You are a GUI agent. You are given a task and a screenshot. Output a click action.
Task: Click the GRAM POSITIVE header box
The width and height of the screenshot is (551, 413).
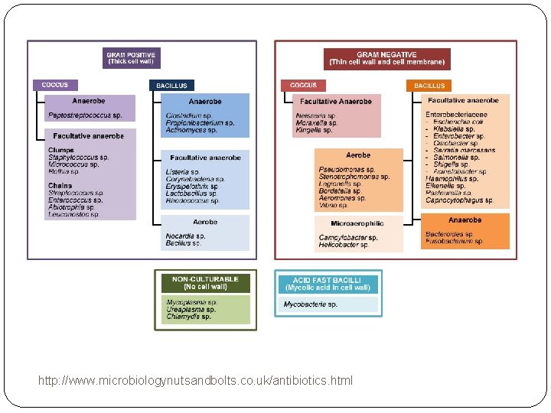click(131, 58)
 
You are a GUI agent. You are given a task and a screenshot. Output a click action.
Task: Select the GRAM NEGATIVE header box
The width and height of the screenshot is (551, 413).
click(386, 58)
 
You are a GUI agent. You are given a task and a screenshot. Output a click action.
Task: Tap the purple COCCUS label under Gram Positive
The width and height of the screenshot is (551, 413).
click(54, 85)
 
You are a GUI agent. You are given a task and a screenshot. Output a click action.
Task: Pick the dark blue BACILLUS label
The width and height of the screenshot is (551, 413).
click(171, 86)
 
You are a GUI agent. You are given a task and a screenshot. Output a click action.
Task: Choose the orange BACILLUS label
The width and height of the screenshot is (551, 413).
click(429, 86)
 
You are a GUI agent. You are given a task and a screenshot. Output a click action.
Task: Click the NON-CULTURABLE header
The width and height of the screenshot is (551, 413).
click(205, 283)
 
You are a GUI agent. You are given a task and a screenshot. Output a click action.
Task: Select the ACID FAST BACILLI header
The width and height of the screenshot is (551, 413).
click(327, 284)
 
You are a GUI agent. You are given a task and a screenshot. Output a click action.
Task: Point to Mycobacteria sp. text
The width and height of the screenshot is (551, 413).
click(310, 304)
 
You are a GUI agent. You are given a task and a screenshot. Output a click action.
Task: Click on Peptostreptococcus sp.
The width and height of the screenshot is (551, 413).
click(85, 115)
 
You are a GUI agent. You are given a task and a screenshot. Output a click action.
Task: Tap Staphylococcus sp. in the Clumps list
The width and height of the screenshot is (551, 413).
click(79, 157)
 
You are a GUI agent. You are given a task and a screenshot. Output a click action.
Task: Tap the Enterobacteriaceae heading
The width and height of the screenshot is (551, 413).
click(457, 115)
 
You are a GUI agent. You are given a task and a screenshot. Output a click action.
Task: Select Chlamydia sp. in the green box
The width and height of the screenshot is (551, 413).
click(188, 317)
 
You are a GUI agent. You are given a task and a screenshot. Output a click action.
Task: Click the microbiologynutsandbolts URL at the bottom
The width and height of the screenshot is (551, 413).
click(195, 380)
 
